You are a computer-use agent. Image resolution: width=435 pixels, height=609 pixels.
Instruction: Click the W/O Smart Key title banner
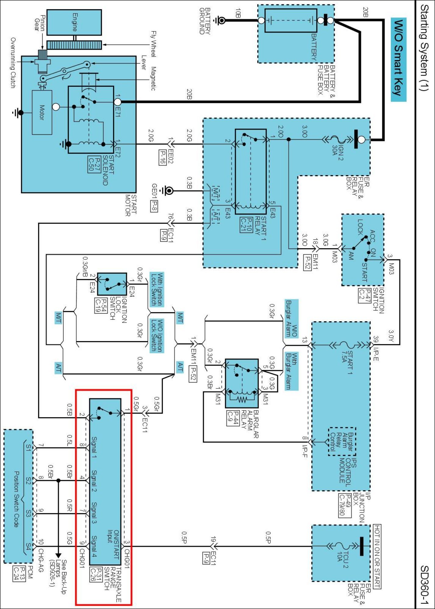point(398,60)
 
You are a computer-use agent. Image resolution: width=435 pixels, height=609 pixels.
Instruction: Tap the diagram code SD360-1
point(424,585)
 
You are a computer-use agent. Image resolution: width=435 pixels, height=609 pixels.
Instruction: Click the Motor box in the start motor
point(42,112)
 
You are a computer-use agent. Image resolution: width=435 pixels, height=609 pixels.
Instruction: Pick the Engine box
point(74,22)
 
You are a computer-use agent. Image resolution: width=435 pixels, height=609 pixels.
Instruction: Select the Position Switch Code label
point(16,499)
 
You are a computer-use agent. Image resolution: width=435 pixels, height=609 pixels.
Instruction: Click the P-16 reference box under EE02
point(162,157)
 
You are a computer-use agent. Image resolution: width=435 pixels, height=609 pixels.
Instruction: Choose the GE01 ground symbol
point(168,191)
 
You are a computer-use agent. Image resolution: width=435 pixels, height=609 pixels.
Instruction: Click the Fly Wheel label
point(154,44)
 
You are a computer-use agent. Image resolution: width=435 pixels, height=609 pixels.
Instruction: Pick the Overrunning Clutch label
point(13,63)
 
